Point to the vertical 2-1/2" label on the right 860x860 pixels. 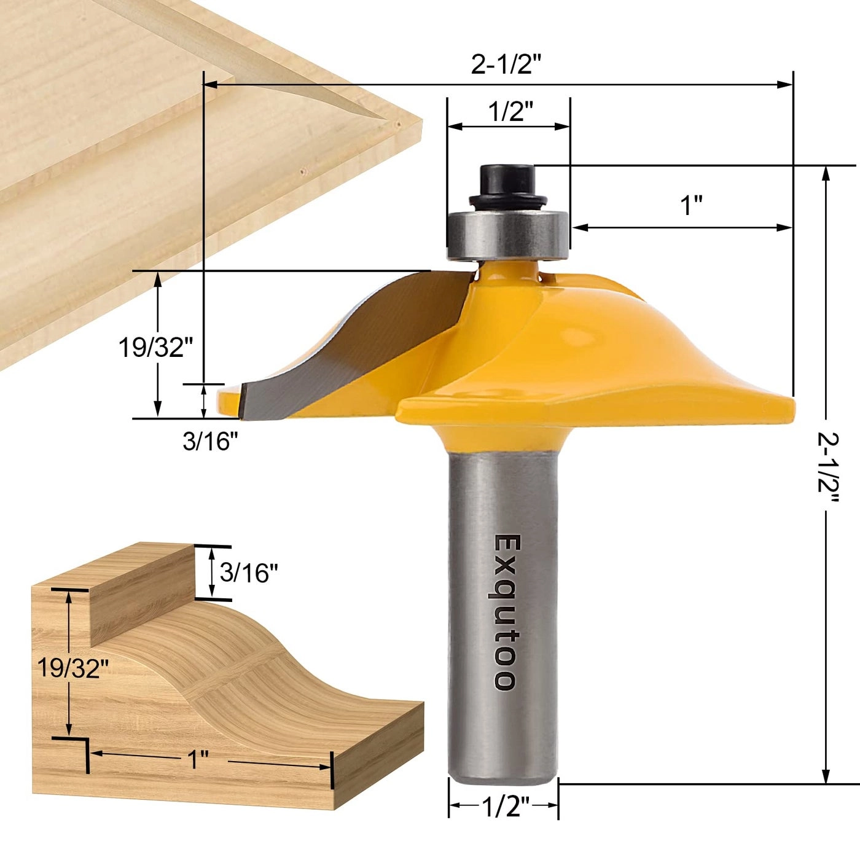[827, 470]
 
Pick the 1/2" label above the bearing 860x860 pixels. [510, 112]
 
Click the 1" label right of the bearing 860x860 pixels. [692, 205]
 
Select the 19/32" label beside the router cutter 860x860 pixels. [151, 348]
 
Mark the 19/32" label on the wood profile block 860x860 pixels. [72, 667]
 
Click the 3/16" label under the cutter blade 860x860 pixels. [210, 440]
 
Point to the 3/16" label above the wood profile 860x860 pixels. [249, 573]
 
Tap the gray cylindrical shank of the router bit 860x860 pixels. [504, 614]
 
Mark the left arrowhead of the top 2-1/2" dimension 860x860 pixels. [209, 84]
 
